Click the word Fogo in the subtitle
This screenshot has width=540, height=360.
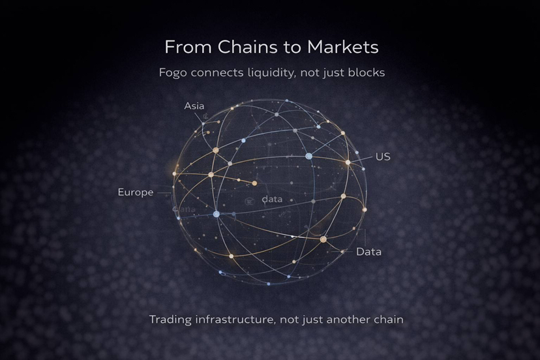point(173,72)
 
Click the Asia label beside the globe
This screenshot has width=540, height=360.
point(194,106)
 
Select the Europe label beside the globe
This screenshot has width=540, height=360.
point(136,192)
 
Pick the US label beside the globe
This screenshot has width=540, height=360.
point(383,157)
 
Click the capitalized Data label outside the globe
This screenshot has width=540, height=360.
point(368,251)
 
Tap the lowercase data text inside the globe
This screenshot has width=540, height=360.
point(272,199)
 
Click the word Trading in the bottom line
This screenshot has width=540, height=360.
point(170,320)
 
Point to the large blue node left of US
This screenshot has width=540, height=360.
point(309,156)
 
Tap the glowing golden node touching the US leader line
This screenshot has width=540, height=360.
point(348,162)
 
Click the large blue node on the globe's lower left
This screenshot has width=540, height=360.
point(217,214)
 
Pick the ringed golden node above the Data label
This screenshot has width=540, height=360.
point(323,239)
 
